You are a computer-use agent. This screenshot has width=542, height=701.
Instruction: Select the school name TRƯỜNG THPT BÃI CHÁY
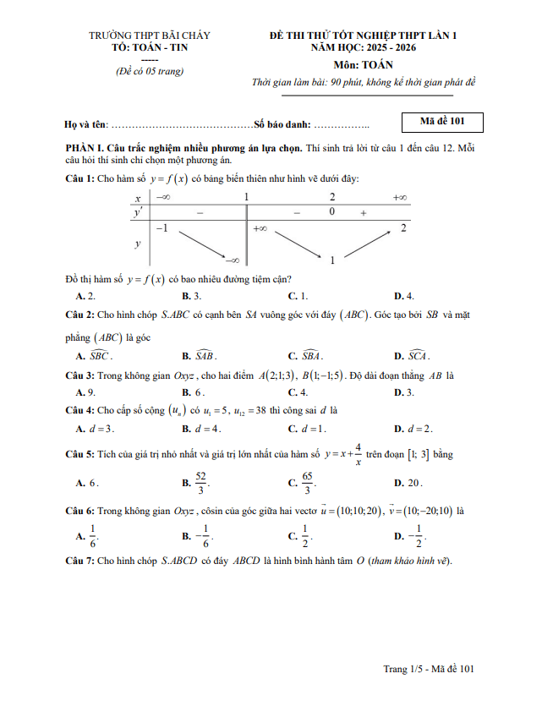point(150,36)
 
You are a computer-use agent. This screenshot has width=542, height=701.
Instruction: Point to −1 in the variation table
point(161,229)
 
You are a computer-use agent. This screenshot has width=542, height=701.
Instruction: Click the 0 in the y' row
point(332,212)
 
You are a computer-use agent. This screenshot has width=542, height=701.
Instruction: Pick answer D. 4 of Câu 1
point(403,296)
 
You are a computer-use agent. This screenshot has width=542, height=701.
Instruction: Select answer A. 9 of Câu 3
point(85,392)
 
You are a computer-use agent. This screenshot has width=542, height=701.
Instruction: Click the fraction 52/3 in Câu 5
point(200,483)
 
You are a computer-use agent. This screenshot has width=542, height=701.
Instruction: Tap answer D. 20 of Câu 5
point(408,483)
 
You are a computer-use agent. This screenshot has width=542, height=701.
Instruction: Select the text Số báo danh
point(282,124)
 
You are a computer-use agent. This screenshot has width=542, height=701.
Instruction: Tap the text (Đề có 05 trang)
point(150,71)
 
